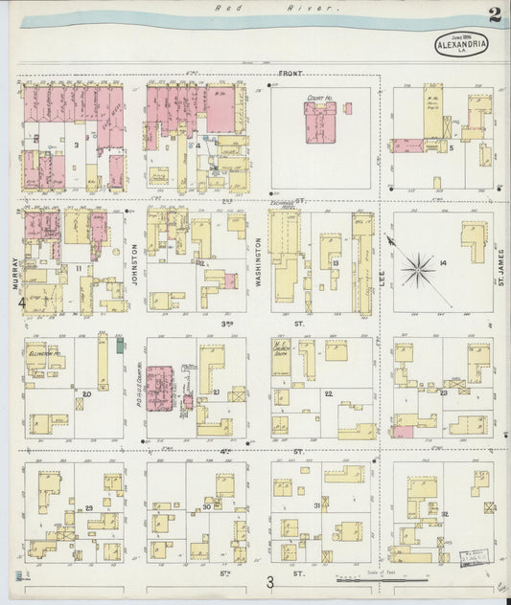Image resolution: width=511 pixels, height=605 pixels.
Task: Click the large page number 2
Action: (x=493, y=14)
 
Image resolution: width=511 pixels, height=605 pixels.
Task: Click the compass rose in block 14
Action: (x=418, y=269)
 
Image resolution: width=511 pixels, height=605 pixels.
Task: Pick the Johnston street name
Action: (x=135, y=263)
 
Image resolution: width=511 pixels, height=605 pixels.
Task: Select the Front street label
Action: (x=290, y=74)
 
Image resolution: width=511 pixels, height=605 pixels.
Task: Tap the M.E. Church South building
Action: (x=285, y=367)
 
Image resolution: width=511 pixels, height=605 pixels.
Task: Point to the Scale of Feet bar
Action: (x=383, y=579)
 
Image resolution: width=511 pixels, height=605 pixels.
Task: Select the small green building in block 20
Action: (x=120, y=343)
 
